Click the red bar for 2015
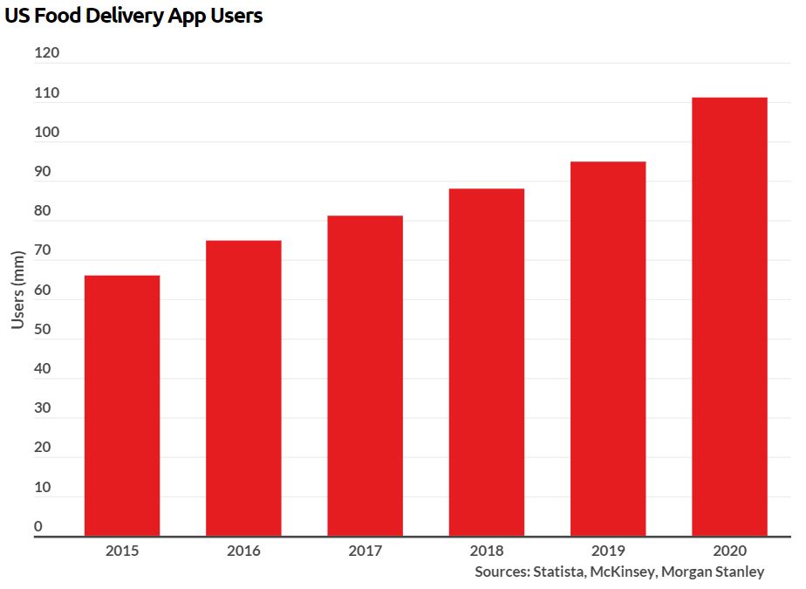[x=122, y=406]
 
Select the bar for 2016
[x=243, y=388]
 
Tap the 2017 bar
[x=365, y=375]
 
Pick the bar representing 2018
[x=487, y=362]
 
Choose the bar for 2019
[x=608, y=349]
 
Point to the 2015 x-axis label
[x=122, y=551]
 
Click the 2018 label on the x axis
[x=487, y=551]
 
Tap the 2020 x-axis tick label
[x=729, y=551]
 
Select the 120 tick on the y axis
[x=47, y=53]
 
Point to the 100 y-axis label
[x=47, y=133]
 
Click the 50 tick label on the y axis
[x=43, y=330]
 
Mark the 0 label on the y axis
[x=38, y=526]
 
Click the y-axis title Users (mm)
[x=18, y=290]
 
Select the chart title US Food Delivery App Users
[x=133, y=16]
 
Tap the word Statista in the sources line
[x=558, y=572]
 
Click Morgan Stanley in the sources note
[x=713, y=572]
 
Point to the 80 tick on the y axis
[x=43, y=211]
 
